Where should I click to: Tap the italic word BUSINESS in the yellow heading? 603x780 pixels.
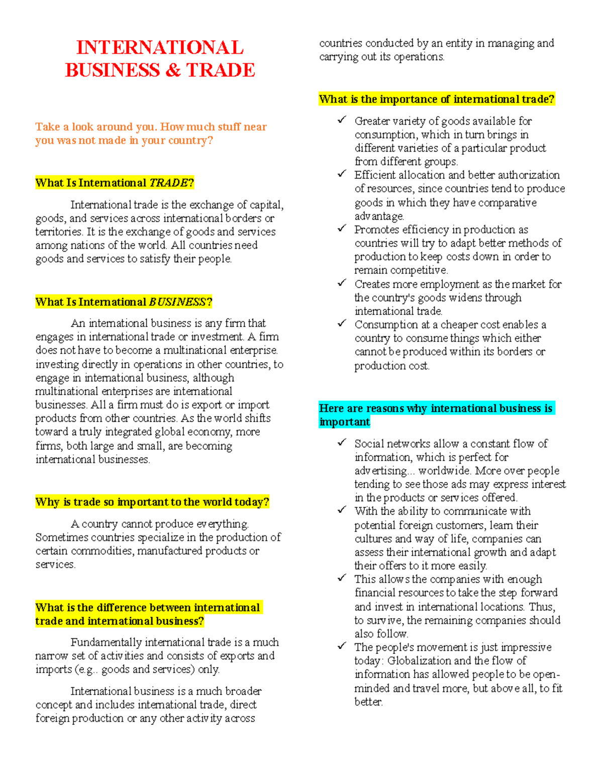[177, 302]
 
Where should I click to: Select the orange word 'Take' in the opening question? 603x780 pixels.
[48, 127]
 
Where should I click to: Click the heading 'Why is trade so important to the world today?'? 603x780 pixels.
[152, 502]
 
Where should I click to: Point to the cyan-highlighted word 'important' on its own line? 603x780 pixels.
[345, 422]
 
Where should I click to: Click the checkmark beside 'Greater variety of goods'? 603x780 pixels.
[342, 120]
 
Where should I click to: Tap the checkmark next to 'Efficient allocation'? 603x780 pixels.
[342, 174]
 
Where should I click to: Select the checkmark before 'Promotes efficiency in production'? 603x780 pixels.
[342, 229]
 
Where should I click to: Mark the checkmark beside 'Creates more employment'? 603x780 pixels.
[342, 283]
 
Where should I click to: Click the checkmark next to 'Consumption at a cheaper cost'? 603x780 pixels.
[342, 323]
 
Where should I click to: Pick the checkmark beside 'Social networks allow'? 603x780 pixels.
[342, 442]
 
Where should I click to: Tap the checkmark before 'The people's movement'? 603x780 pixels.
[342, 646]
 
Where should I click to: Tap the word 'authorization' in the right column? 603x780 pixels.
[527, 175]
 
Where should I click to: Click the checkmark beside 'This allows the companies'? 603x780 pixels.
[342, 578]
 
